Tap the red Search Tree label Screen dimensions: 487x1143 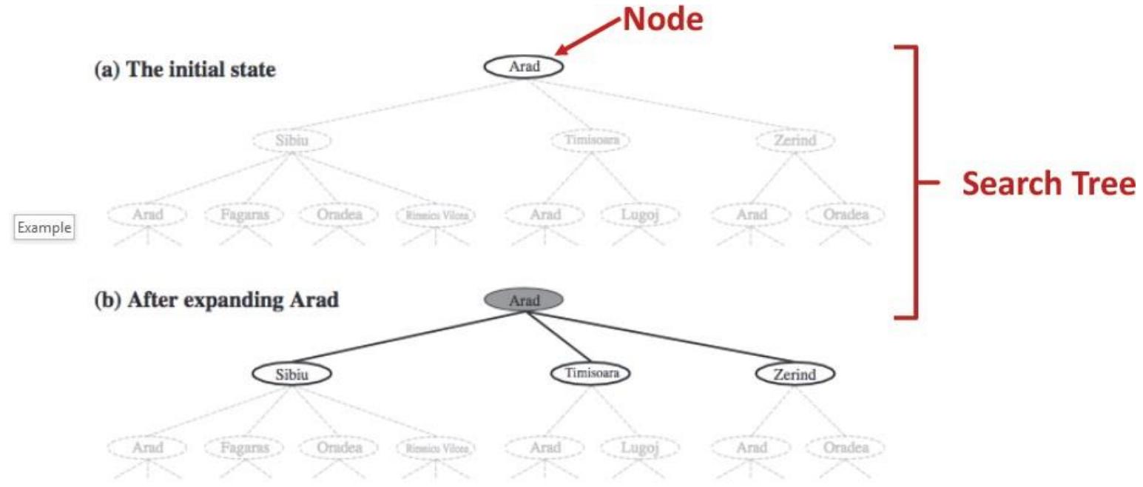(x=1048, y=184)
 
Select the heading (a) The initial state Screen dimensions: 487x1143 (x=185, y=72)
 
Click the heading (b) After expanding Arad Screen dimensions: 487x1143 (x=217, y=301)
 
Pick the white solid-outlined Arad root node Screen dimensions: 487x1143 (x=523, y=67)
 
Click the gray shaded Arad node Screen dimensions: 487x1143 (x=523, y=300)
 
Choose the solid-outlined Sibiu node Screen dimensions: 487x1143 (x=291, y=374)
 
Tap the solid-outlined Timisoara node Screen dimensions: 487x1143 (x=590, y=373)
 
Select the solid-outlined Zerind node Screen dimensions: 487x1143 (x=795, y=374)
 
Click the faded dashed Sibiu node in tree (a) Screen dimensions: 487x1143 (x=291, y=141)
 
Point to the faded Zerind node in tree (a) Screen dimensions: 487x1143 (x=795, y=141)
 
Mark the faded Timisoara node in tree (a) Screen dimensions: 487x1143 (x=590, y=140)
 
